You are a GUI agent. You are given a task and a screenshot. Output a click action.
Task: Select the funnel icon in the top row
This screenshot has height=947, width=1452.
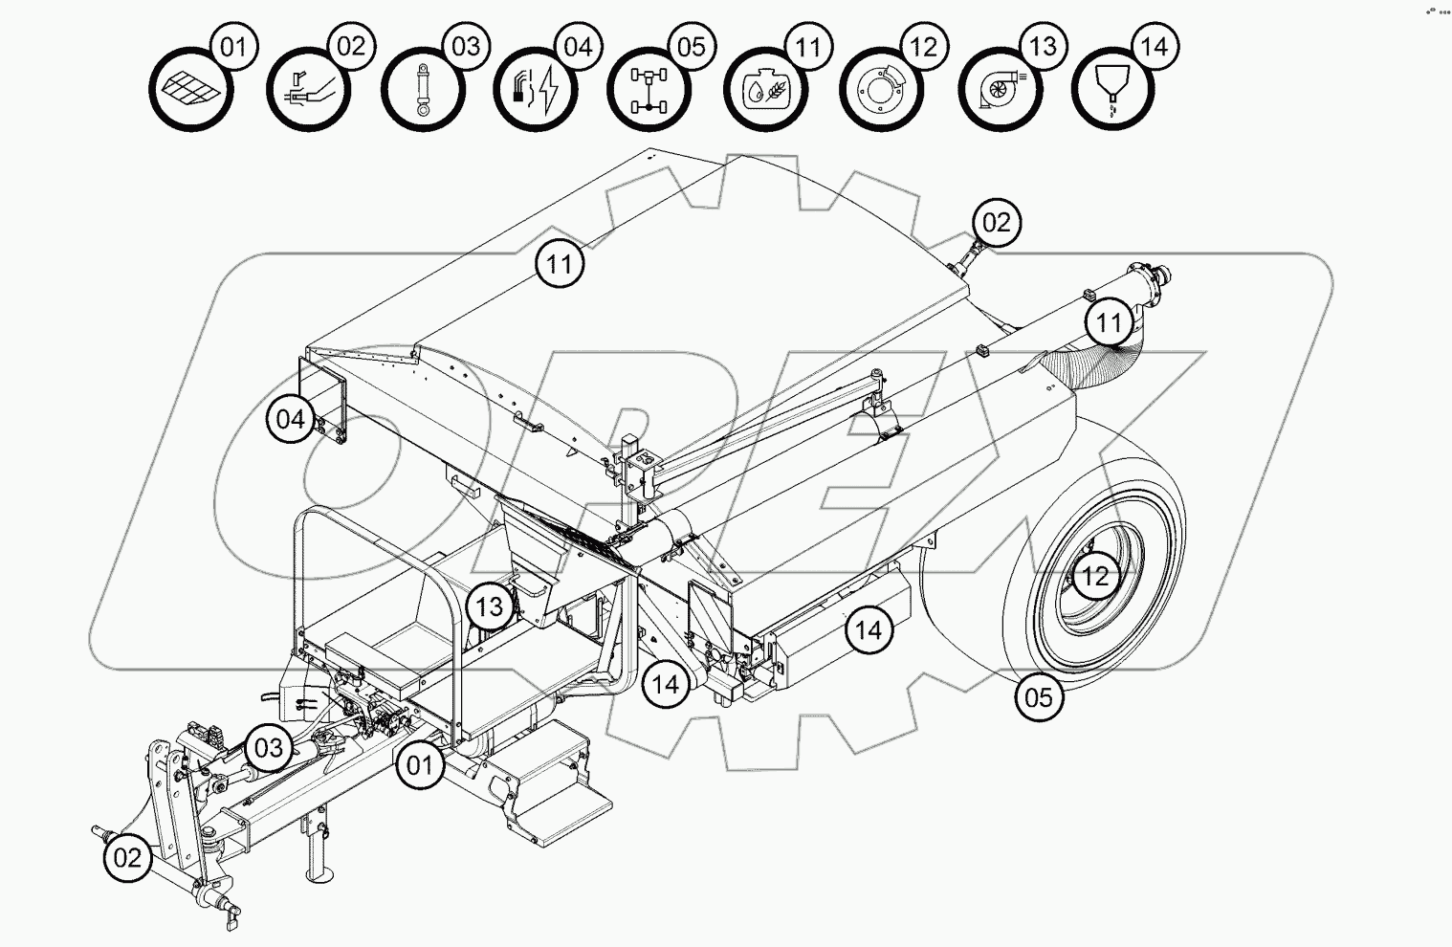click(x=1111, y=89)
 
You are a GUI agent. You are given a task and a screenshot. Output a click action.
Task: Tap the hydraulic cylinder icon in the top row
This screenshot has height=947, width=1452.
click(x=422, y=90)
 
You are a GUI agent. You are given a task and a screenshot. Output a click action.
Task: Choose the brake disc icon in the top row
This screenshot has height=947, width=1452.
click(x=881, y=90)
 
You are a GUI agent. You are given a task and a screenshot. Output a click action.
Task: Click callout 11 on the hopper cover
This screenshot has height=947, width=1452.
click(x=560, y=262)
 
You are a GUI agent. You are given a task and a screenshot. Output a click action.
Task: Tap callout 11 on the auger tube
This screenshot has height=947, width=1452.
click(x=1109, y=322)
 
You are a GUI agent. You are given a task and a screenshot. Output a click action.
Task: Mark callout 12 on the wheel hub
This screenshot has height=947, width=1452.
click(x=1095, y=576)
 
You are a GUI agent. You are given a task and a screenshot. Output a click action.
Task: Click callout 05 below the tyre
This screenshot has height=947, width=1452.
click(x=1039, y=696)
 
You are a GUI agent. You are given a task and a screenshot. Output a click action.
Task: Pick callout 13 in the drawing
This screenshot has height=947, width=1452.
click(x=490, y=606)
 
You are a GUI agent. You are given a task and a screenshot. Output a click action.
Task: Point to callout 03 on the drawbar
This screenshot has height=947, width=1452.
click(x=269, y=746)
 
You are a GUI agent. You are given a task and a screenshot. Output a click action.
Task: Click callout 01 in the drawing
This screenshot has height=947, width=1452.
click(x=420, y=764)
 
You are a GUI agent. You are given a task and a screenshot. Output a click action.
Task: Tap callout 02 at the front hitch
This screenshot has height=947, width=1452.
click(x=127, y=857)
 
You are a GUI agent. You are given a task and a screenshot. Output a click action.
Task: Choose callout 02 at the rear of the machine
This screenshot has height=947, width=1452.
click(x=996, y=223)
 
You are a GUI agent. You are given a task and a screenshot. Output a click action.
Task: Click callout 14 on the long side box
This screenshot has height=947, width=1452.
click(x=869, y=629)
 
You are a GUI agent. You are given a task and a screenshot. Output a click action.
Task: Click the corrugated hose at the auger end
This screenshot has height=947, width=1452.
click(x=1100, y=358)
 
